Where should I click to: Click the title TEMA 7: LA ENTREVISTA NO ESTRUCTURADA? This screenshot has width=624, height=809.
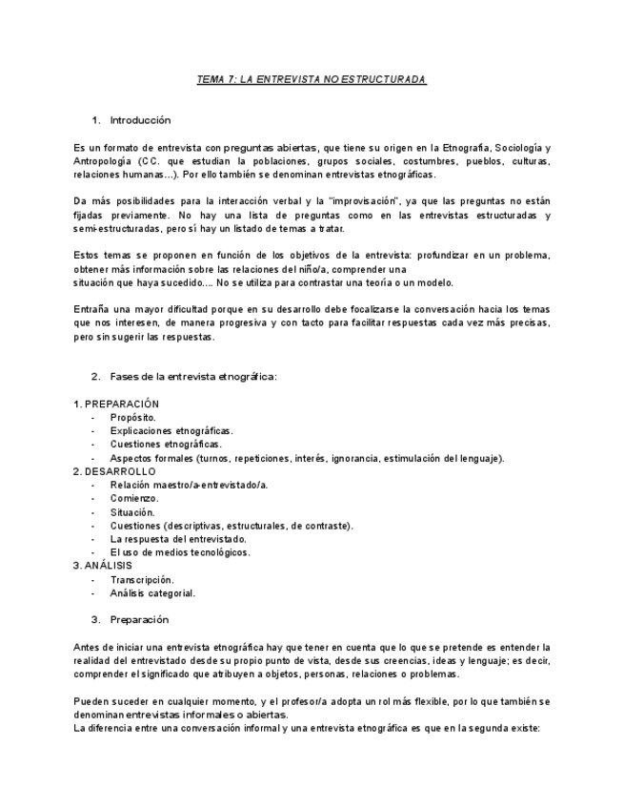(312, 79)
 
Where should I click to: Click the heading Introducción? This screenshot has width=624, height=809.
(140, 120)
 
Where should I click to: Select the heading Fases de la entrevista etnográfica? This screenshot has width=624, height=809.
(192, 377)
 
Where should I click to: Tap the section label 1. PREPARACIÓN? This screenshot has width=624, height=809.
(116, 404)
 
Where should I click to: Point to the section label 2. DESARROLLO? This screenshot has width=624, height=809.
(114, 471)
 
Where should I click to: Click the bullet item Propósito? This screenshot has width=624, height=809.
(133, 418)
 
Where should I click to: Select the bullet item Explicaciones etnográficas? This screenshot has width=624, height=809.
(171, 431)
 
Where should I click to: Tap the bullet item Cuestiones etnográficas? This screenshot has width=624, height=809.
(166, 445)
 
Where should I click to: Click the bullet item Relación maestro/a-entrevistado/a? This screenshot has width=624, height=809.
(189, 485)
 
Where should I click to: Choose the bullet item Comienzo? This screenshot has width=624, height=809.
(134, 498)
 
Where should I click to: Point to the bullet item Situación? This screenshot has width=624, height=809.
(132, 512)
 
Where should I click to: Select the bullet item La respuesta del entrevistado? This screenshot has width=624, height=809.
(178, 539)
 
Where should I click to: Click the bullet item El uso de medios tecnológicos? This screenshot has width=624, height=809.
(180, 552)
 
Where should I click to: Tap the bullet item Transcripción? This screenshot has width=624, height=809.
(142, 579)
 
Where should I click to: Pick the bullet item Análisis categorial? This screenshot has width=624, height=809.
(152, 592)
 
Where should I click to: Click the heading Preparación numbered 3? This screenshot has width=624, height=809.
(140, 619)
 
